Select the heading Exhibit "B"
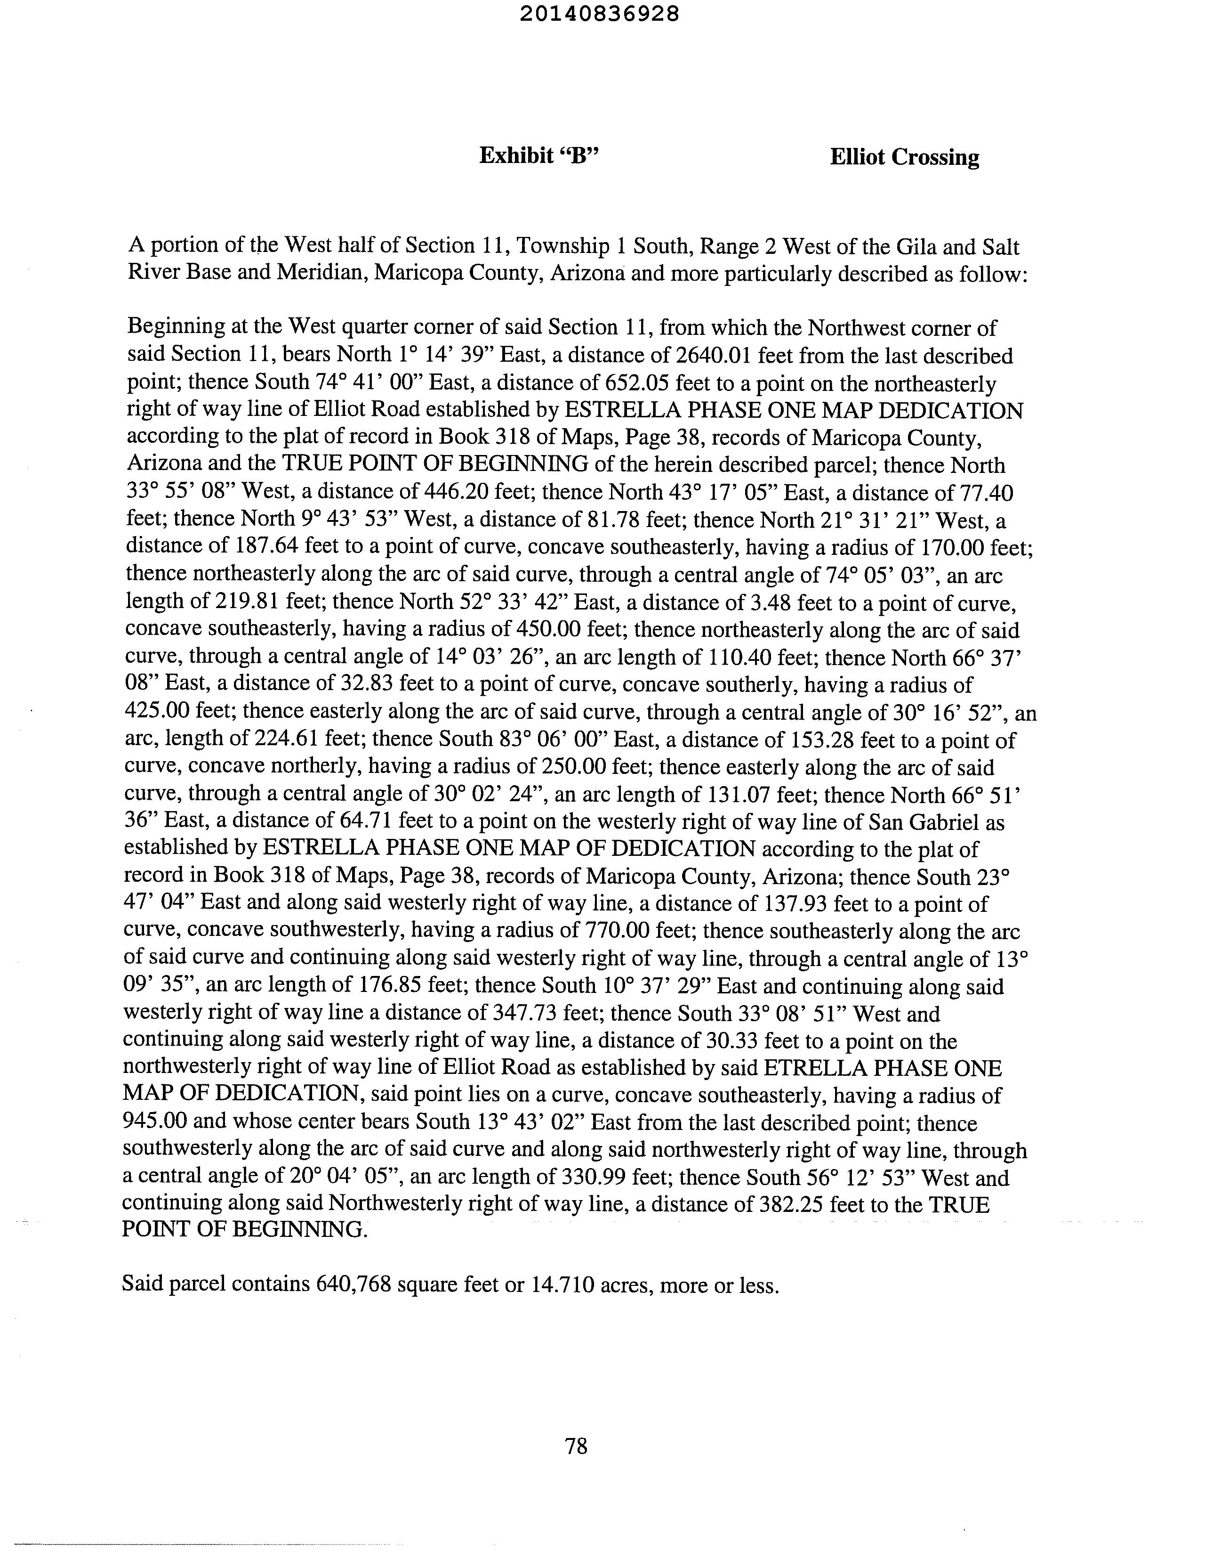click(x=538, y=156)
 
